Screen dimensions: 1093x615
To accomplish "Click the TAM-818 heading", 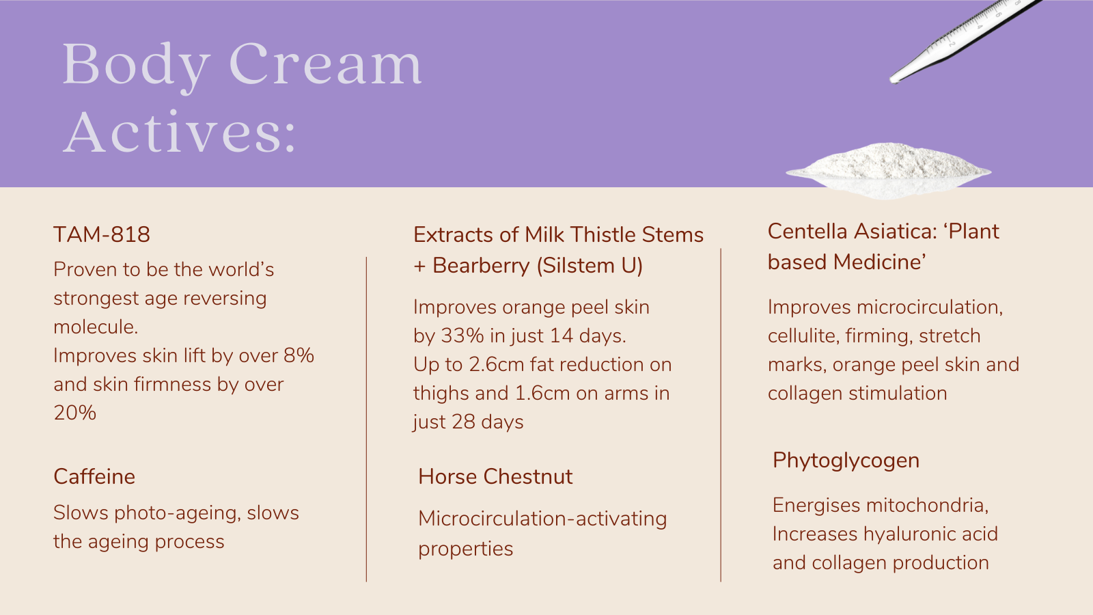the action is (x=102, y=234).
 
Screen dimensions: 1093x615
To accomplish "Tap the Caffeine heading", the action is (x=94, y=476).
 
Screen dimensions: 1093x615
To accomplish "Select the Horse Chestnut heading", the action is (x=495, y=476).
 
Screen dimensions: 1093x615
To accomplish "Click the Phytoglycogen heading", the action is (x=846, y=461).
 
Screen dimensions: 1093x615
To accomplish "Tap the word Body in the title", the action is (x=136, y=66).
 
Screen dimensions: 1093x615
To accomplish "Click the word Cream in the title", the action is (x=325, y=64).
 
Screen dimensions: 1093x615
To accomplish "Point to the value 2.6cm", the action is (x=496, y=365).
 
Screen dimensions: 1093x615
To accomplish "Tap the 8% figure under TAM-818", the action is (x=299, y=355).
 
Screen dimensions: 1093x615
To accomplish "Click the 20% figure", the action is (x=74, y=413).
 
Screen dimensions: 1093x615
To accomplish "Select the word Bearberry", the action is (x=481, y=266).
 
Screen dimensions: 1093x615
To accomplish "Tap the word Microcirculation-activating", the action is (x=542, y=519).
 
